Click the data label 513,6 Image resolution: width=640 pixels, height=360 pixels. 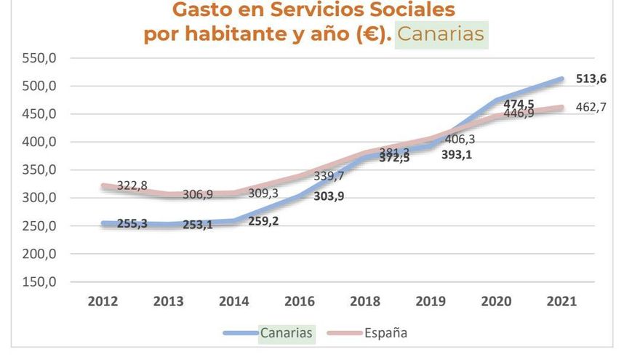pos(591,79)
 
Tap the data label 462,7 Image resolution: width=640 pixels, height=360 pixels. pos(591,107)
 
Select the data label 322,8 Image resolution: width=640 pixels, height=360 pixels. pos(132,186)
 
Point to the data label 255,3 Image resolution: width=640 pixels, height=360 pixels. pos(132,224)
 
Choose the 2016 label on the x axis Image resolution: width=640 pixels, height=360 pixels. pos(300,302)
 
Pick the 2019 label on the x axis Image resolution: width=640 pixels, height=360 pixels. pos(431,302)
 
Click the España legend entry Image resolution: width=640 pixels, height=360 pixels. pos(385,333)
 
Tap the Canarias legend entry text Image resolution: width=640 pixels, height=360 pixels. pos(288,333)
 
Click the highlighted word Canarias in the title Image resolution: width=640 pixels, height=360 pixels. pos(441,35)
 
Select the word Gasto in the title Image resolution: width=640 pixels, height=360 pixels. pos(201,10)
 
